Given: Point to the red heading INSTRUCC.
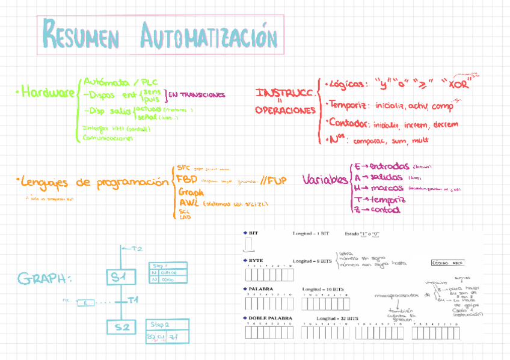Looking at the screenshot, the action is tap(285, 94).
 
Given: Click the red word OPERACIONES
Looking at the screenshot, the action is tap(285, 111).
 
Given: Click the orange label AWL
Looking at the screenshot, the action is tap(188, 203).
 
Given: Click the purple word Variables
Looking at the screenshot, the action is tap(325, 180).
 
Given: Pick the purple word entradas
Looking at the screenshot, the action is tap(389, 166).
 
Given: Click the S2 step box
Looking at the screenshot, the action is tap(122, 328).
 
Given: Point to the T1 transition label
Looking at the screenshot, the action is tap(134, 299).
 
